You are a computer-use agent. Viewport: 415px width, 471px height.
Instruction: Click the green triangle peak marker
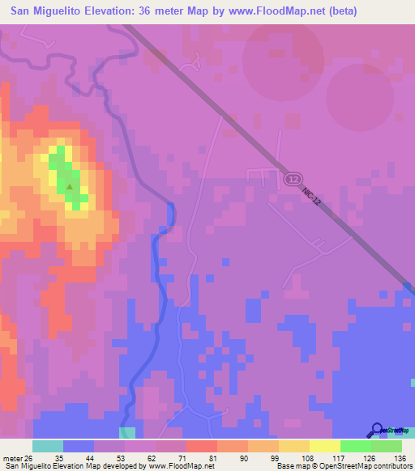click(x=70, y=187)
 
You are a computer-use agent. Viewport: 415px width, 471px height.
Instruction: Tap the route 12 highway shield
click(x=293, y=178)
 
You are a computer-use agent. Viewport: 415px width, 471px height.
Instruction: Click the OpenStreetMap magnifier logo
click(x=379, y=431)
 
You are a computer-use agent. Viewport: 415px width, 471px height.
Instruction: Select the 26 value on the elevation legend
click(x=29, y=458)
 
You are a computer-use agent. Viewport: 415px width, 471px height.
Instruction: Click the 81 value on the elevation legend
click(x=212, y=458)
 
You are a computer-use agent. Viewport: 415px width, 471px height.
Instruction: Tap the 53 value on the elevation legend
click(x=120, y=458)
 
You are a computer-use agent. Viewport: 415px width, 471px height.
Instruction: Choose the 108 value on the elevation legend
click(x=305, y=458)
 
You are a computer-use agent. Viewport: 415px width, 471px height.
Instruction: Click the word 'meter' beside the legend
click(x=12, y=458)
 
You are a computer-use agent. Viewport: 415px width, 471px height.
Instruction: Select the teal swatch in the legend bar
click(x=48, y=446)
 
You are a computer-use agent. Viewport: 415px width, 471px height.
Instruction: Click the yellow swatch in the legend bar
click(x=324, y=446)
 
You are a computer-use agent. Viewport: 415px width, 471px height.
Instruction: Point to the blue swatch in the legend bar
click(x=79, y=446)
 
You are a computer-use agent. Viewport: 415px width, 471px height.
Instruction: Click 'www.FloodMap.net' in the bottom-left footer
click(x=174, y=466)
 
